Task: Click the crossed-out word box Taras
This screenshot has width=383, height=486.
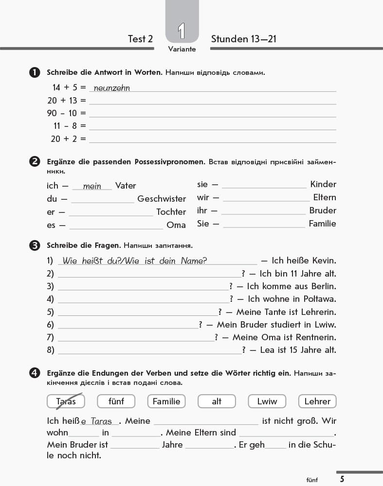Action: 66,401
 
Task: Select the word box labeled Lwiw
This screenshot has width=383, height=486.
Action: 267,401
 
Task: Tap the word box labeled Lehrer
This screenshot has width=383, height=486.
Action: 317,401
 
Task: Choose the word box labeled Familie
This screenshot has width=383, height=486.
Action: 166,401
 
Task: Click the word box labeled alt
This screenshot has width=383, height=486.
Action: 217,401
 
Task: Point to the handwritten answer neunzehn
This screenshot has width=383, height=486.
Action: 111,88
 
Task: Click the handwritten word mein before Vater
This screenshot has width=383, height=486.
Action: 92,186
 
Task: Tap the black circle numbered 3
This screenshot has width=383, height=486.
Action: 35,245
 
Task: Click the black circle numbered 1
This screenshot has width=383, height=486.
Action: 35,73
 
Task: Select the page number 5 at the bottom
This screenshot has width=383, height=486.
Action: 342,479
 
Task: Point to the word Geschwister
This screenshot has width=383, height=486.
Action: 162,199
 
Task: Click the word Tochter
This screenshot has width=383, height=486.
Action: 171,212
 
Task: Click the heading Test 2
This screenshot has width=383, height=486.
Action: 140,39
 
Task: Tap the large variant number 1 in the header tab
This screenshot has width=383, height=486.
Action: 182,31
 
